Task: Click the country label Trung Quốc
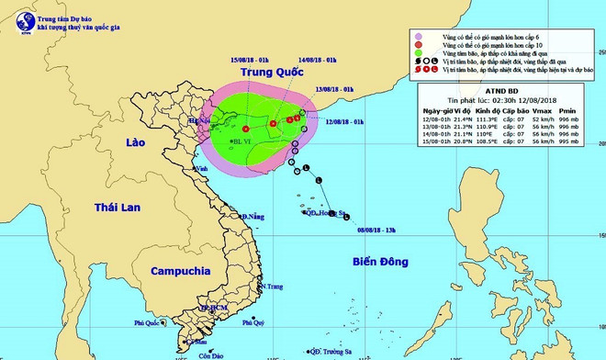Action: [x=273, y=71]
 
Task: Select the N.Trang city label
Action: [x=272, y=287]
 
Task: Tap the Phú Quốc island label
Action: [x=146, y=322]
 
